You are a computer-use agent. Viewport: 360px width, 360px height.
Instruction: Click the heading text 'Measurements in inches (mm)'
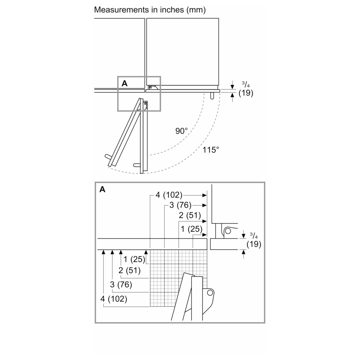pyautogui.click(x=150, y=10)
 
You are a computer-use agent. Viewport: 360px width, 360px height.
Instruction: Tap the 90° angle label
pyautogui.click(x=181, y=131)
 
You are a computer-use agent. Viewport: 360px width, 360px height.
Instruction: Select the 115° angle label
pyautogui.click(x=211, y=150)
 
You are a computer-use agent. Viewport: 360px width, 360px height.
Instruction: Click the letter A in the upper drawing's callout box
pyautogui.click(x=125, y=84)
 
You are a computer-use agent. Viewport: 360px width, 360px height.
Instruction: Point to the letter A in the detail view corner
pyautogui.click(x=102, y=189)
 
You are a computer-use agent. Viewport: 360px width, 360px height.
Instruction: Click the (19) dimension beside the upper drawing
pyautogui.click(x=246, y=93)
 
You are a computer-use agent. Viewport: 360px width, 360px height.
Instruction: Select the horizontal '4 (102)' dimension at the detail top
pyautogui.click(x=169, y=195)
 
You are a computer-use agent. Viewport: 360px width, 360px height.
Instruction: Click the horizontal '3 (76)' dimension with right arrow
pyautogui.click(x=180, y=205)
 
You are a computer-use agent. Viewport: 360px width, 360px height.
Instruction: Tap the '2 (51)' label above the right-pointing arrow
pyautogui.click(x=190, y=215)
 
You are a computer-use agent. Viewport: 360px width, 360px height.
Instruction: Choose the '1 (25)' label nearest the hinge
pyautogui.click(x=192, y=229)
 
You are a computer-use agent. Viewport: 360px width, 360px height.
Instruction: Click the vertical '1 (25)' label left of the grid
pyautogui.click(x=134, y=259)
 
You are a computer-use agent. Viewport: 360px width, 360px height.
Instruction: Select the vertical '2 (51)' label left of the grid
pyautogui.click(x=130, y=270)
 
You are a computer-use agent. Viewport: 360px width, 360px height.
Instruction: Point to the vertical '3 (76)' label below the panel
pyautogui.click(x=121, y=285)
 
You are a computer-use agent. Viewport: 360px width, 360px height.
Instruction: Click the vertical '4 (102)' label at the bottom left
pyautogui.click(x=114, y=299)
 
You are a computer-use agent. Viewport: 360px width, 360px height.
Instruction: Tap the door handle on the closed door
pyautogui.click(x=212, y=95)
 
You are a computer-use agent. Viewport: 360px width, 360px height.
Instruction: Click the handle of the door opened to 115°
pyautogui.click(x=108, y=157)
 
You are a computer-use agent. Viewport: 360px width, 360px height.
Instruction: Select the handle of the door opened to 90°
pyautogui.click(x=137, y=165)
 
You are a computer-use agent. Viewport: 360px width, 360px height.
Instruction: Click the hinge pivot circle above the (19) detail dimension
pyautogui.click(x=228, y=231)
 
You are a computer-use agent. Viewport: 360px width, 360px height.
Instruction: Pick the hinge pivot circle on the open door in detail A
pyautogui.click(x=210, y=292)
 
